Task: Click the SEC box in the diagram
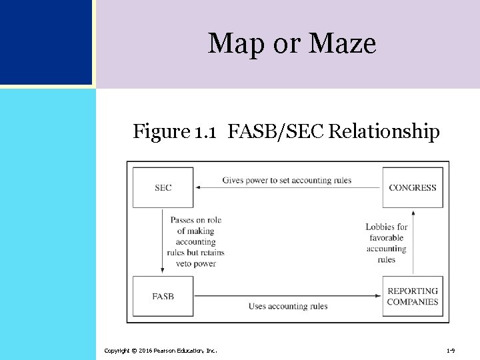163,187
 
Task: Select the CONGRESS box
413,187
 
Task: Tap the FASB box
163,296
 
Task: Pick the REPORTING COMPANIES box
413,296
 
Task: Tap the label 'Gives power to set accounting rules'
287,180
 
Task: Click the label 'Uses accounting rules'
288,306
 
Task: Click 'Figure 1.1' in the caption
174,132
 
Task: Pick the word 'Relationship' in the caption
383,132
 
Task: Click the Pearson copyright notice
160,350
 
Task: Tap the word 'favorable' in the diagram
386,238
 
